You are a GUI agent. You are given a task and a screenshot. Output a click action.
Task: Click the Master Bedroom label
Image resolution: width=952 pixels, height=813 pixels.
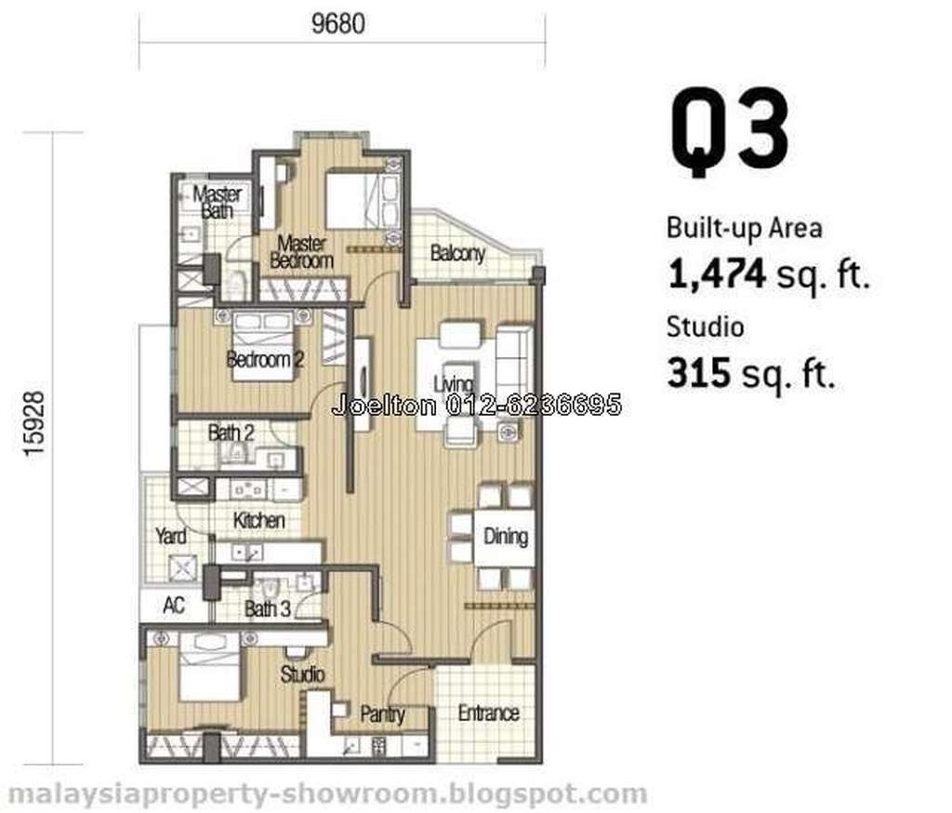(x=302, y=252)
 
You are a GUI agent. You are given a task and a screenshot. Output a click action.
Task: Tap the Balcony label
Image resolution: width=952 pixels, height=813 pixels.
(x=457, y=252)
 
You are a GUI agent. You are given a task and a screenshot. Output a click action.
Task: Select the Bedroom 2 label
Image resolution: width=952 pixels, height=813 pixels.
(x=265, y=360)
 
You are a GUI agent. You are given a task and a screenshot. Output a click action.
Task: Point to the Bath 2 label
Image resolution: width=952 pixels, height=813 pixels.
(x=231, y=433)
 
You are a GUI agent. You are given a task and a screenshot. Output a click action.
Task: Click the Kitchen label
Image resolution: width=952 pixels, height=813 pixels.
(x=258, y=520)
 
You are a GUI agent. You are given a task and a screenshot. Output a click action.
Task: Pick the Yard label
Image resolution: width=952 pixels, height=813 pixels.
(x=171, y=536)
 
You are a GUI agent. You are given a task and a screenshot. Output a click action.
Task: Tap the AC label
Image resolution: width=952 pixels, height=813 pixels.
(x=174, y=606)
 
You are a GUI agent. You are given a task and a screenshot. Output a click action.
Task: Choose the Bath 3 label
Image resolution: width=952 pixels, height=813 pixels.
(x=268, y=609)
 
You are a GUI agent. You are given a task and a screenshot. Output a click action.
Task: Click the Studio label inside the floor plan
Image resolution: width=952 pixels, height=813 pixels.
(x=302, y=673)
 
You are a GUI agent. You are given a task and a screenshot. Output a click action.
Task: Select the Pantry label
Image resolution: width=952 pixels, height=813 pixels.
(x=382, y=714)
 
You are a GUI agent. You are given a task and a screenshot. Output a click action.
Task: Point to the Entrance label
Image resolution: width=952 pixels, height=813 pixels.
(x=489, y=713)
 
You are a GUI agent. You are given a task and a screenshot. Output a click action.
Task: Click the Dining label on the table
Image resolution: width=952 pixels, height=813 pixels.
(x=505, y=536)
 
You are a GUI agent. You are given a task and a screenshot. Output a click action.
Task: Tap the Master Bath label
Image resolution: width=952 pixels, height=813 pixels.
(x=218, y=203)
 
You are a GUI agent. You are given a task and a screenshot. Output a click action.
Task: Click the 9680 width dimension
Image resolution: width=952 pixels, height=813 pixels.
(x=338, y=24)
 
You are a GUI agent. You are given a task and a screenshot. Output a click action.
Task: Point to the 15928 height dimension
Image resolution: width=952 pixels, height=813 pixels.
(x=34, y=423)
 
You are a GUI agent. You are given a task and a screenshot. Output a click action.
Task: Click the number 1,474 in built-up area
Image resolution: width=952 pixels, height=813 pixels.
(x=717, y=274)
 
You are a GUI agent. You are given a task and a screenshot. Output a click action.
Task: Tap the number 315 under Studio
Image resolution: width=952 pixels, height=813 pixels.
(x=698, y=372)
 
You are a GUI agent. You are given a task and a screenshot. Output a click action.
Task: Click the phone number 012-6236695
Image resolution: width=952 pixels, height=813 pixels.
(x=534, y=405)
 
